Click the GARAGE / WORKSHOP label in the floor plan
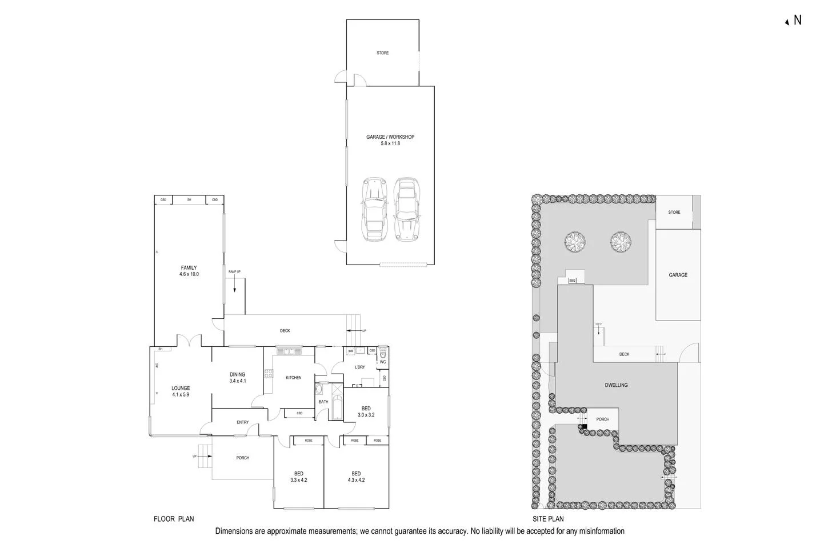pos(390,137)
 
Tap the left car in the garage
pos(374,209)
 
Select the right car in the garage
pos(406,209)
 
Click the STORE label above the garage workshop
pos(382,53)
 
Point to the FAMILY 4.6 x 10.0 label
pos(189,271)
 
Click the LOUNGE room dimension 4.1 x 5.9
pos(181,394)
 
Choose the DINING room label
pos(237,375)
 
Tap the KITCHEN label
pos(293,378)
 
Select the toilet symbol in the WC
pos(383,352)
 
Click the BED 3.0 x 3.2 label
pos(366,411)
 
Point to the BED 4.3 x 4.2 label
pos(356,477)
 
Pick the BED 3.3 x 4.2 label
pos(298,477)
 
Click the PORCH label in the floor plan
pos(242,458)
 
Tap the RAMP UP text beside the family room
pos(234,272)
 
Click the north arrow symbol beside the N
pos(787,22)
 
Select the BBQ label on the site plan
pos(573,281)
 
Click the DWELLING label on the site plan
pos(616,385)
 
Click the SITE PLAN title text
pos(547,519)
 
